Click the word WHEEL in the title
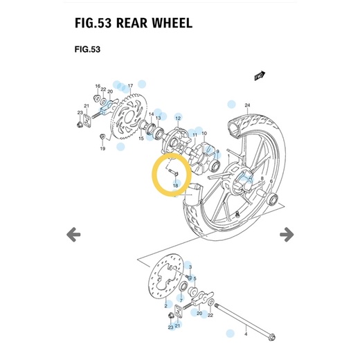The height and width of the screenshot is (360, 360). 164,22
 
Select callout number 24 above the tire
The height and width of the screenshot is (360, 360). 247,105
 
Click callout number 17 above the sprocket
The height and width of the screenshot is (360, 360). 130,85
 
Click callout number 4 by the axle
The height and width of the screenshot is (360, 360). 245,334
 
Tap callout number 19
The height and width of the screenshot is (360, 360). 102,148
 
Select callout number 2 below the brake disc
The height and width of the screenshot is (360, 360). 166,305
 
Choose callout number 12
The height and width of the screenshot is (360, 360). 177,119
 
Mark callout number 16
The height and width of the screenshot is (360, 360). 97,85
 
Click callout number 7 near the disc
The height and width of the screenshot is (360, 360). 181,300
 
